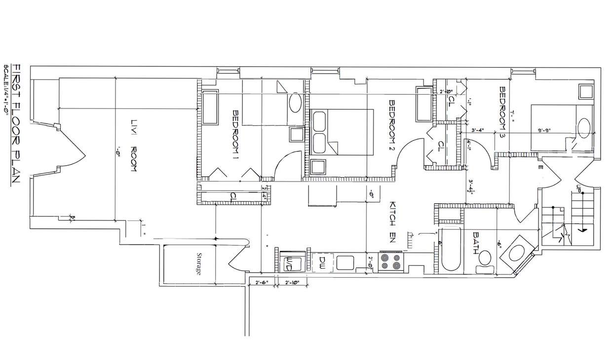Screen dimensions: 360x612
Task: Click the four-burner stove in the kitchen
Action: (x=391, y=261)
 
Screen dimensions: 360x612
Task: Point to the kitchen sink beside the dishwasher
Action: (x=344, y=262)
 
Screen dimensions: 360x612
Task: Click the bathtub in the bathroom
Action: (x=450, y=250)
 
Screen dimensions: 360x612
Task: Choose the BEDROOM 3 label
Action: (x=502, y=112)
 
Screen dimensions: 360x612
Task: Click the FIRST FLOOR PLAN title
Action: (x=16, y=123)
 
